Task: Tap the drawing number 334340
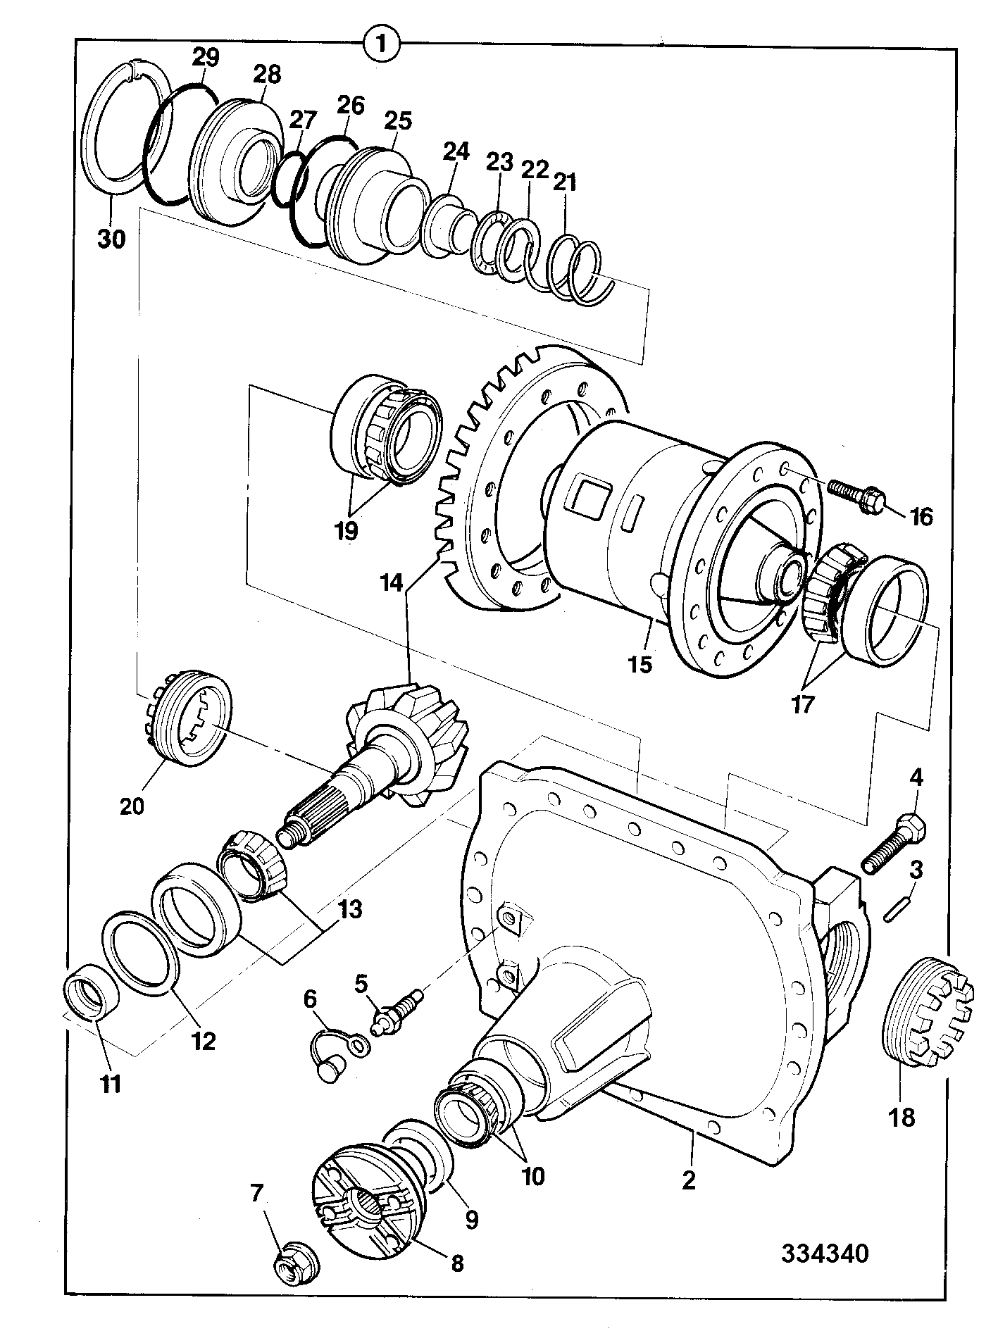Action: [x=824, y=1253]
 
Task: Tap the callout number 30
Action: [x=111, y=239]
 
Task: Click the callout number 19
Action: [x=346, y=530]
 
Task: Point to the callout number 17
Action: [x=802, y=704]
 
